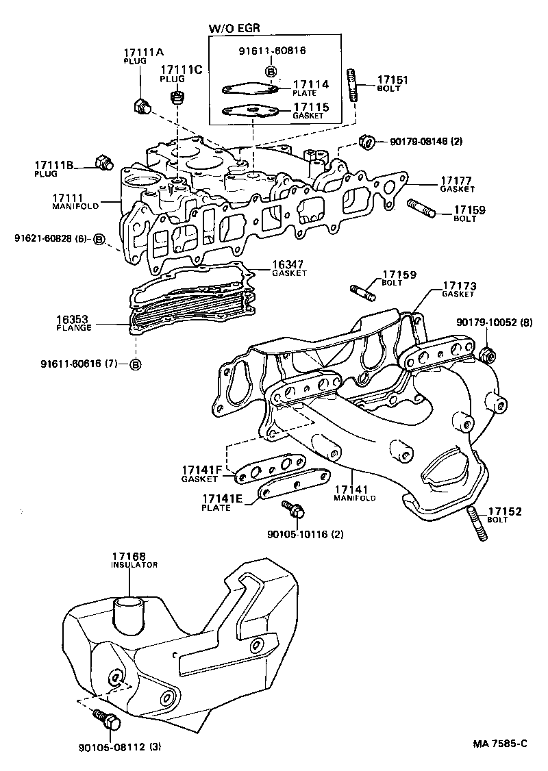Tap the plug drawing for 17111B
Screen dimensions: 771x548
103,162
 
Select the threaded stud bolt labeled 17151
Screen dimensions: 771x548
353,85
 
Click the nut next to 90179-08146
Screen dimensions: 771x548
366,142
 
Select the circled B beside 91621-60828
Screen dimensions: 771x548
99,239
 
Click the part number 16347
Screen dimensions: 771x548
288,263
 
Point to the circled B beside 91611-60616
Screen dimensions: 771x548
136,364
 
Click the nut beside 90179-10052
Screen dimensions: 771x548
488,355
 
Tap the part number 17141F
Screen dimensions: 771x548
201,470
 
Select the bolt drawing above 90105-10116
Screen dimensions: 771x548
293,509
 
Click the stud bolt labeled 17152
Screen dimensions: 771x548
477,524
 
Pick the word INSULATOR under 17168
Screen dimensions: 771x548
134,565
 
